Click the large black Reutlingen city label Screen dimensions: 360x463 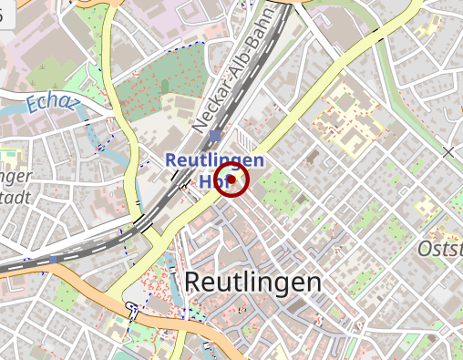click(x=252, y=283)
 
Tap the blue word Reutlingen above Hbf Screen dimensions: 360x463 click(x=214, y=160)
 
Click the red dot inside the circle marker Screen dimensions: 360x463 click(x=232, y=180)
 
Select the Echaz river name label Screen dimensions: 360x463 click(x=47, y=104)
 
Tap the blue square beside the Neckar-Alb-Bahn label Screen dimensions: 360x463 click(x=214, y=136)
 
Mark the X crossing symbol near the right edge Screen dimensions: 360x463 click(x=448, y=151)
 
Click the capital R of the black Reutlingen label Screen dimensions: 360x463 click(x=193, y=283)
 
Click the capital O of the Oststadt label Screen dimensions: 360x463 click(x=425, y=249)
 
